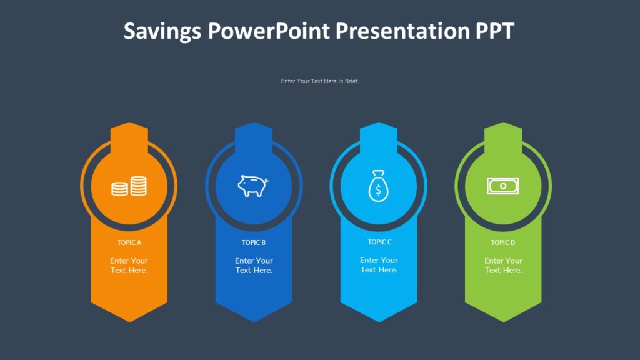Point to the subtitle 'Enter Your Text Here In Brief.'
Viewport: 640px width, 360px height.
320,81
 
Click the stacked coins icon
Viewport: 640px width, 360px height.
129,186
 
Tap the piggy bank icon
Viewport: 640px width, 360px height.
253,186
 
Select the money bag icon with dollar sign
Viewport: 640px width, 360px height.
377,186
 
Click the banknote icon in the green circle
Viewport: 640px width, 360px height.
503,186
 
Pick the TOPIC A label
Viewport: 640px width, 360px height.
129,242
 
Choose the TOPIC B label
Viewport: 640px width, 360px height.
254,242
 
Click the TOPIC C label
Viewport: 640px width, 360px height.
379,242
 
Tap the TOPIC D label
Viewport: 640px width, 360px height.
503,242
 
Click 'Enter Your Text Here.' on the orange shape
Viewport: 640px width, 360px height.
129,266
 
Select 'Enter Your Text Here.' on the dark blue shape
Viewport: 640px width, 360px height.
254,266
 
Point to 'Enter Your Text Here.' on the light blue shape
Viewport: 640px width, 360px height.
379,265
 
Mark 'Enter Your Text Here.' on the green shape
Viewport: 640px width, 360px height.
503,266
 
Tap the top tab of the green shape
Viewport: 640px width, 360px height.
503,132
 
